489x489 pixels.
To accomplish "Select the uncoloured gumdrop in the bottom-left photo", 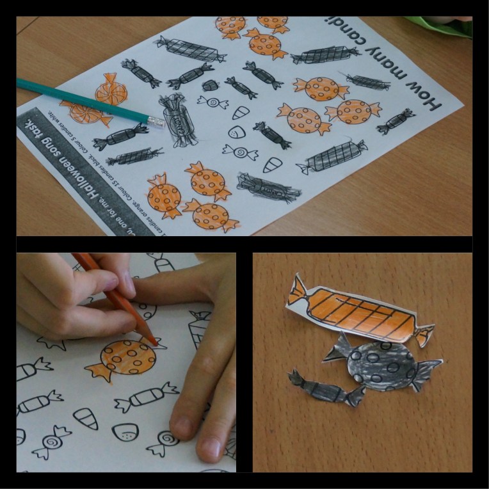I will click(x=125, y=432).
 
